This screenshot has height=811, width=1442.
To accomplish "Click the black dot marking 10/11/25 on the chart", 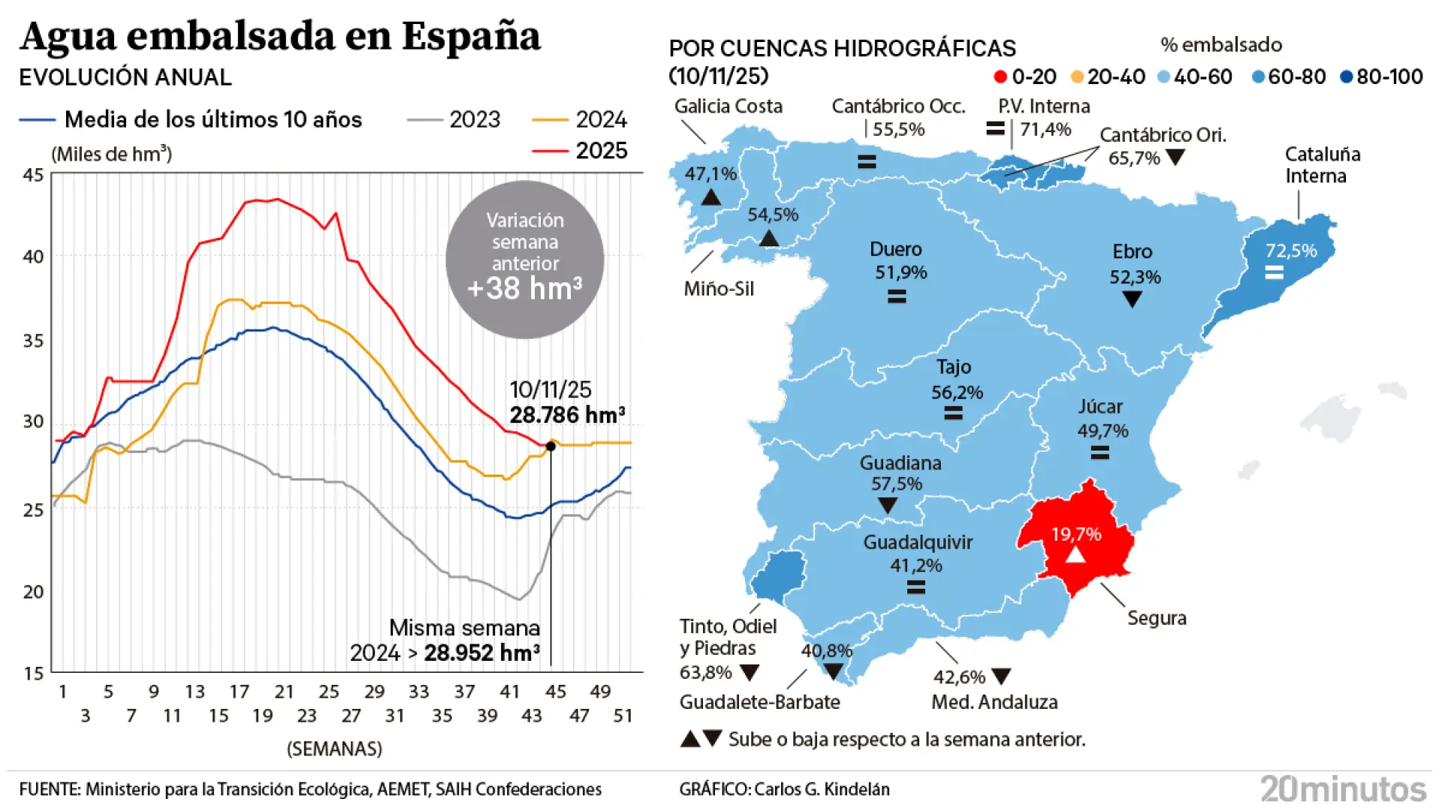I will point(551,446).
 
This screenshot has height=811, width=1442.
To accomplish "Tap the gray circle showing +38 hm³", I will point(524,259).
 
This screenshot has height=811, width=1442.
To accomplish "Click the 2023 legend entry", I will point(454,119).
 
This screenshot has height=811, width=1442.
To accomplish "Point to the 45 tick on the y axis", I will point(33,175).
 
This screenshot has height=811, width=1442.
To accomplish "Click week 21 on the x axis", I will point(284,692).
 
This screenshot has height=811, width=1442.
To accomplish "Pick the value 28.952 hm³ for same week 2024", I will point(481,653).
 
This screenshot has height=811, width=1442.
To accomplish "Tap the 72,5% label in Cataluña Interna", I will point(1291,251).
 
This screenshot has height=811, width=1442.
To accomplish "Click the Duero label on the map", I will point(895,249).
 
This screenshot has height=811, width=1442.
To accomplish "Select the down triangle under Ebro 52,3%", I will point(1132,299).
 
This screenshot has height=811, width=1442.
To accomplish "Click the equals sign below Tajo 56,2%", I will point(953,412).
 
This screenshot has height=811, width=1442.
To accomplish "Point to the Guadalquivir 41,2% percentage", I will point(916,565).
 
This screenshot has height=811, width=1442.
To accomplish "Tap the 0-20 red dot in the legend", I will point(1000,77).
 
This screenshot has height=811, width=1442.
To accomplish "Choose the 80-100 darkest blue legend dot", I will point(1347,77).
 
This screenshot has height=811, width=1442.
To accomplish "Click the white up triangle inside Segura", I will point(1075,555).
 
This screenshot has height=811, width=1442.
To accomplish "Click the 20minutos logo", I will point(1343,788).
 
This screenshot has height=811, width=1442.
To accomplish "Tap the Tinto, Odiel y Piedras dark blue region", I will point(779,574).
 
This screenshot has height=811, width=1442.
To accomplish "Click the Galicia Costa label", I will point(728,107).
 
